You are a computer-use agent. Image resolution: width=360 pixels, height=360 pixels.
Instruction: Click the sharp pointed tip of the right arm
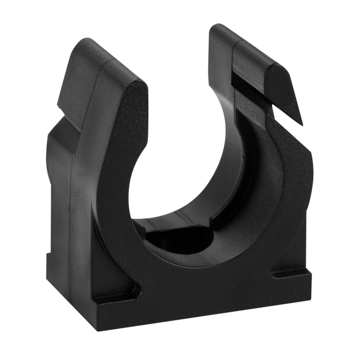point(302,124)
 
